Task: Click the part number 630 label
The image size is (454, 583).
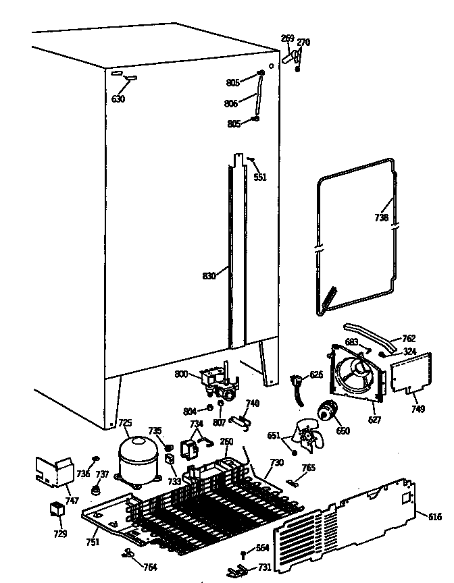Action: pos(118,100)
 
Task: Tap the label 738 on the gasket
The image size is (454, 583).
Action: pos(382,218)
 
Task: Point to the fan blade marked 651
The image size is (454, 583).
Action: pos(305,439)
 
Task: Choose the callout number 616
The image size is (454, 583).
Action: pos(434,517)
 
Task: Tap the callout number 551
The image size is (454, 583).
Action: pos(260,177)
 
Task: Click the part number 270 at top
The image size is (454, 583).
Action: pos(303,43)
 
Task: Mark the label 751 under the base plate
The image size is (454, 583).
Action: pos(92,542)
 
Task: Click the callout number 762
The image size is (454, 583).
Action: pos(409,338)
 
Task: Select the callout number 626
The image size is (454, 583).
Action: pos(316,374)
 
